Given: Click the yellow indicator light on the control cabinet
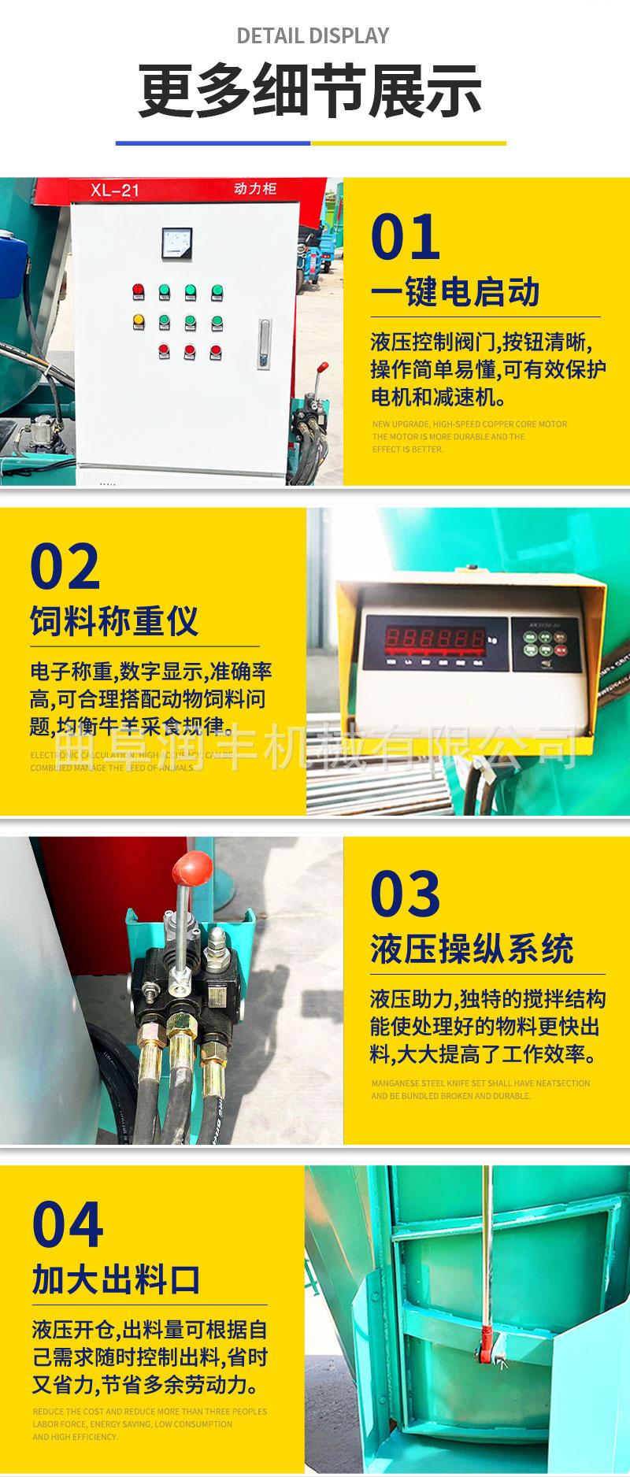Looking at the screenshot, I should pos(139,320).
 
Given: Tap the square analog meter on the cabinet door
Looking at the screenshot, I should pos(176,244).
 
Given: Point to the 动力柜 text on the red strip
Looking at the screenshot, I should pos(255,189).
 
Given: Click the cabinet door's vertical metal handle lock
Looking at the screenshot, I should pos(264,342).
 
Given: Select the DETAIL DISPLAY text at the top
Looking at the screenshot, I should pos(313,35).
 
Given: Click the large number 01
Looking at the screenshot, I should pos(406,238).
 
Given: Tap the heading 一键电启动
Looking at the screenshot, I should pos(455,292).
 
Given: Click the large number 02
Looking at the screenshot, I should pos(65,567).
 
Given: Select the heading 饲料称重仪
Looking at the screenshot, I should pos(114,620).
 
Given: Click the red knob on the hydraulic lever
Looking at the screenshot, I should pos(193,867).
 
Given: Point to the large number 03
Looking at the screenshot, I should pos(406,894).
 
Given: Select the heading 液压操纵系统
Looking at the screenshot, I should pos(472,949).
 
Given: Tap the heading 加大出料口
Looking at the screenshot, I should pos(116,1279).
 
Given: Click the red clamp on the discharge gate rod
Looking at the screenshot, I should pos(487,1351).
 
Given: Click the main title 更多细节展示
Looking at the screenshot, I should pos(310,92).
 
